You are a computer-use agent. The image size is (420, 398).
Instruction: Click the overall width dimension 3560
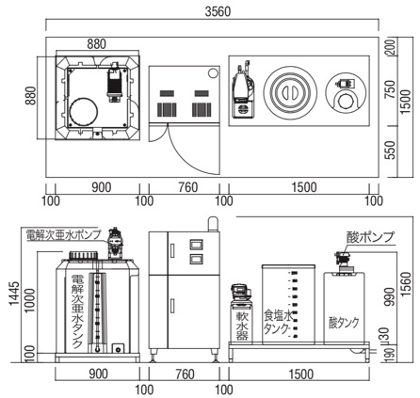pyautogui.click(x=218, y=11)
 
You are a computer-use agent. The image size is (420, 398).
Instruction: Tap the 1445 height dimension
pyautogui.click(x=14, y=294)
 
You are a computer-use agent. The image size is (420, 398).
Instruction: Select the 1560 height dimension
pyautogui.click(x=406, y=284)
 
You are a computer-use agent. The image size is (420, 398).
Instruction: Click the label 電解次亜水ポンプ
pyautogui.click(x=64, y=234)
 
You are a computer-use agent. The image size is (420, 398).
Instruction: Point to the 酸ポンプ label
pyautogui.click(x=370, y=237)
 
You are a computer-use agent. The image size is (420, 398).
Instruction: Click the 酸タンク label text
pyautogui.click(x=344, y=323)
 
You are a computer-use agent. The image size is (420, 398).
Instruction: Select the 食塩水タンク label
pyautogui.click(x=278, y=322)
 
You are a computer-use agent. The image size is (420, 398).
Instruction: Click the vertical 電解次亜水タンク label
pyautogui.click(x=77, y=310)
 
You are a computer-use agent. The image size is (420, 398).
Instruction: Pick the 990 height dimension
pyautogui.click(x=392, y=296)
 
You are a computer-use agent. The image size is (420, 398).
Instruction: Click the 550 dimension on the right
pyautogui.click(x=391, y=151)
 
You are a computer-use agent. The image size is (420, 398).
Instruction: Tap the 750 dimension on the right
pyautogui.click(x=391, y=90)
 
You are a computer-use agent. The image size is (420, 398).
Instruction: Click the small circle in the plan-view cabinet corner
pyautogui.click(x=213, y=72)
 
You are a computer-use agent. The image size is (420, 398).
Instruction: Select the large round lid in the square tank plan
pyautogui.click(x=84, y=112)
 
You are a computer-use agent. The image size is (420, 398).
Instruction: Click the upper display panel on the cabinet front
pyautogui.click(x=196, y=245)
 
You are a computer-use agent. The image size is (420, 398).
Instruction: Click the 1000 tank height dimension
pyautogui.click(x=30, y=300)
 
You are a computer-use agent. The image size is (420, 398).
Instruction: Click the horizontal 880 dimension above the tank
pyautogui.click(x=97, y=44)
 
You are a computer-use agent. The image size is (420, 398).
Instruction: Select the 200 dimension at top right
pyautogui.click(x=391, y=47)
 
